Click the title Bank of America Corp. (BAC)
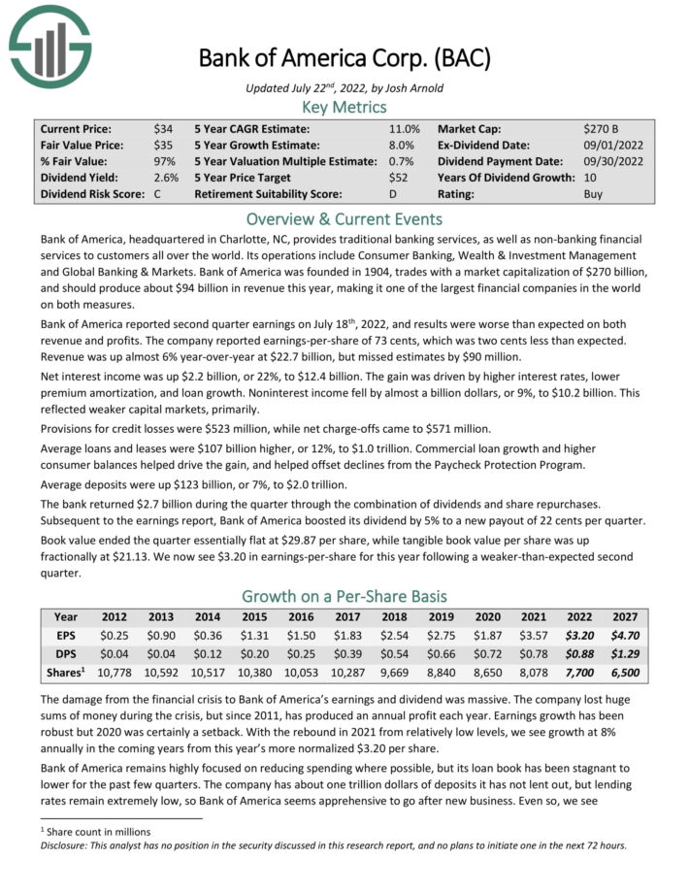point(344,58)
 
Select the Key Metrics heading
point(344,107)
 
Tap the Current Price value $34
point(164,128)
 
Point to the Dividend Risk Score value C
point(157,194)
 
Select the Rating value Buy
point(593,194)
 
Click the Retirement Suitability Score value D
point(393,194)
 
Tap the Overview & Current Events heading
point(344,218)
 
